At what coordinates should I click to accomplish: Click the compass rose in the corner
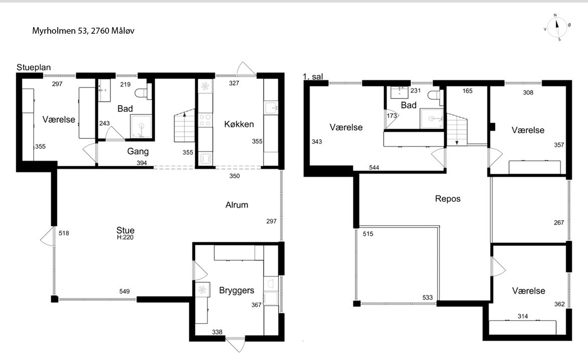click(x=557, y=27)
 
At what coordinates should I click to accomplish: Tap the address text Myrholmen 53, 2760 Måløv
click(x=83, y=31)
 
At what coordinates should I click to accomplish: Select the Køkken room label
click(x=239, y=124)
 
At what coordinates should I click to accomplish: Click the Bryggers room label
click(x=237, y=290)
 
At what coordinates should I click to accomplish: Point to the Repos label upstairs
click(x=448, y=199)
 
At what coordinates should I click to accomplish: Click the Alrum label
click(x=237, y=205)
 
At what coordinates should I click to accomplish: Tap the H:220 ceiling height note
click(x=125, y=237)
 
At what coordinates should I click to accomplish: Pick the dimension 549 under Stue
click(x=125, y=292)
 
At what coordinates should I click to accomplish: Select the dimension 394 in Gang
click(x=142, y=163)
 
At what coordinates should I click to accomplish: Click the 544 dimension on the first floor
click(x=374, y=167)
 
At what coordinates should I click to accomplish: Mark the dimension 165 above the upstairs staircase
click(x=467, y=91)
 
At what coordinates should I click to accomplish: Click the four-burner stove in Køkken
click(x=205, y=120)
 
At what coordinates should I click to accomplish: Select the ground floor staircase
click(x=184, y=126)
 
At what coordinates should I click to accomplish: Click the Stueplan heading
click(x=34, y=67)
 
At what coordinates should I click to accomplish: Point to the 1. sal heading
click(x=313, y=77)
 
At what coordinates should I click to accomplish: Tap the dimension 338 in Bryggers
click(x=217, y=332)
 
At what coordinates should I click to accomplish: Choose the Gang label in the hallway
click(x=138, y=151)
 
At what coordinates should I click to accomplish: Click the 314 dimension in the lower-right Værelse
click(x=523, y=316)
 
